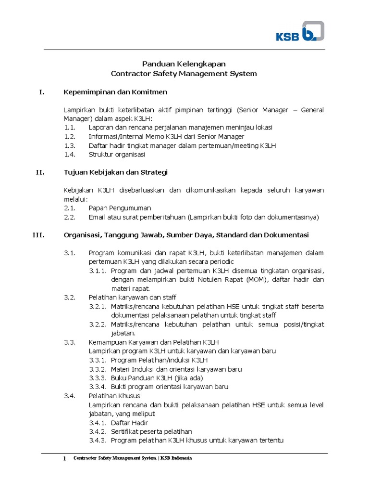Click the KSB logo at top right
299,32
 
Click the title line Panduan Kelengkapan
184,64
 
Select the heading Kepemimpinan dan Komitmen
115,92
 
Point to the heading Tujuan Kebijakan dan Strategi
115,172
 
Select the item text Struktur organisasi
117,155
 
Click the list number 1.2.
70,136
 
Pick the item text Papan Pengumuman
120,208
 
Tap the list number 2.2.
70,217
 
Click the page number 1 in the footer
64,459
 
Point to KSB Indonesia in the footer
176,459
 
